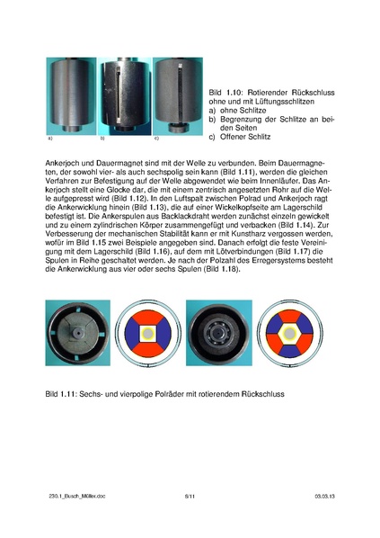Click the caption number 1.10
(x=232, y=94)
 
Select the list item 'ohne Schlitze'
(x=243, y=112)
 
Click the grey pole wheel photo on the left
(x=75, y=336)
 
